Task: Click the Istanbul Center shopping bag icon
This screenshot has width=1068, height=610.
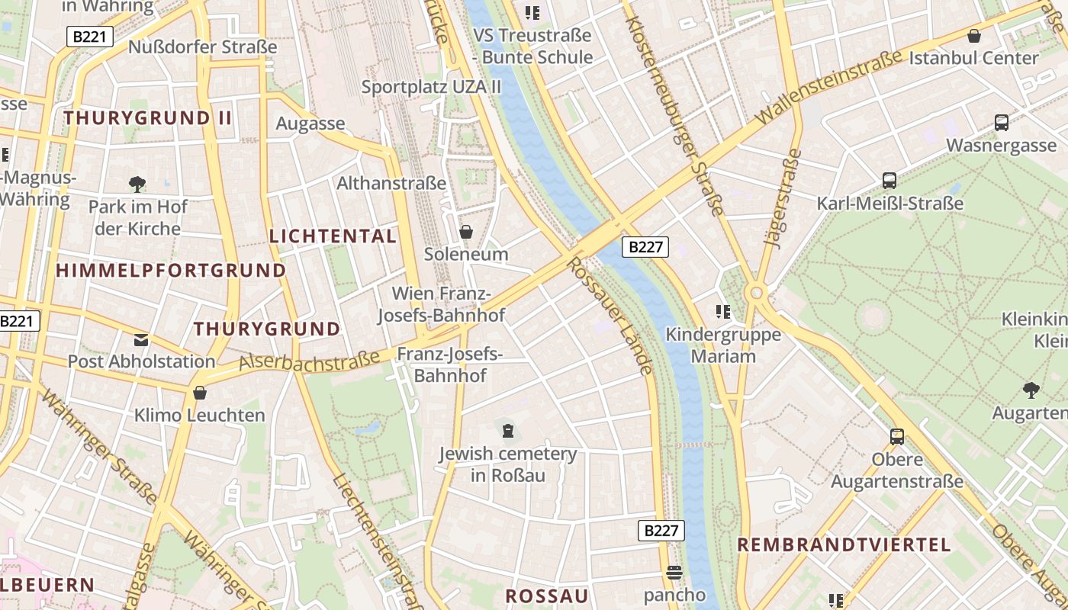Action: pyautogui.click(x=973, y=36)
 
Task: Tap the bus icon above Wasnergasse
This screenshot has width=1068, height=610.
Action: pyautogui.click(x=1002, y=122)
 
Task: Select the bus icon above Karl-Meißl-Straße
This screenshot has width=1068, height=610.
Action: pyautogui.click(x=889, y=181)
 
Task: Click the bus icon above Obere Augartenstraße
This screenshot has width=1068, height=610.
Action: pyautogui.click(x=897, y=437)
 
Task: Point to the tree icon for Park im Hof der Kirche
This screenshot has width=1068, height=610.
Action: pyautogui.click(x=137, y=184)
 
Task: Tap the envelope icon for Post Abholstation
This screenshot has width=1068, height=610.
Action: pyautogui.click(x=141, y=339)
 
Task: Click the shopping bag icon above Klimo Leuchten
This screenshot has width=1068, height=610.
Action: pyautogui.click(x=200, y=393)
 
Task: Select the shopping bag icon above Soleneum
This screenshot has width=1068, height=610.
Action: pyautogui.click(x=465, y=231)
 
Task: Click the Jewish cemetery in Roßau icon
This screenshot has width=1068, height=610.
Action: pyautogui.click(x=507, y=431)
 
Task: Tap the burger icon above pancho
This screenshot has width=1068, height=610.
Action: pyautogui.click(x=674, y=572)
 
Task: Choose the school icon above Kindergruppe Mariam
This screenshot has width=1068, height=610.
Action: pyautogui.click(x=722, y=311)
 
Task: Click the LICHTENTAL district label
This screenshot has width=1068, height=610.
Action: pyautogui.click(x=333, y=236)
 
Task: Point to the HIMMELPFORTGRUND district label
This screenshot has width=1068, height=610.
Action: pyautogui.click(x=171, y=271)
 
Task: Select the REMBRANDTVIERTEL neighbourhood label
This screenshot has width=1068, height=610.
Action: pyautogui.click(x=844, y=545)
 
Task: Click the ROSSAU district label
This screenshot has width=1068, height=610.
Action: pyautogui.click(x=547, y=596)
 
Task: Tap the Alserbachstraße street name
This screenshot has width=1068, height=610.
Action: pyautogui.click(x=309, y=361)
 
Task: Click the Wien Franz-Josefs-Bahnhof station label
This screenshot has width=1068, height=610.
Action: pyautogui.click(x=441, y=304)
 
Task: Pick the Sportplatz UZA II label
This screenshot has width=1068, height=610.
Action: pyautogui.click(x=431, y=86)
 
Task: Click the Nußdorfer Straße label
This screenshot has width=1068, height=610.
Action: pyautogui.click(x=202, y=47)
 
